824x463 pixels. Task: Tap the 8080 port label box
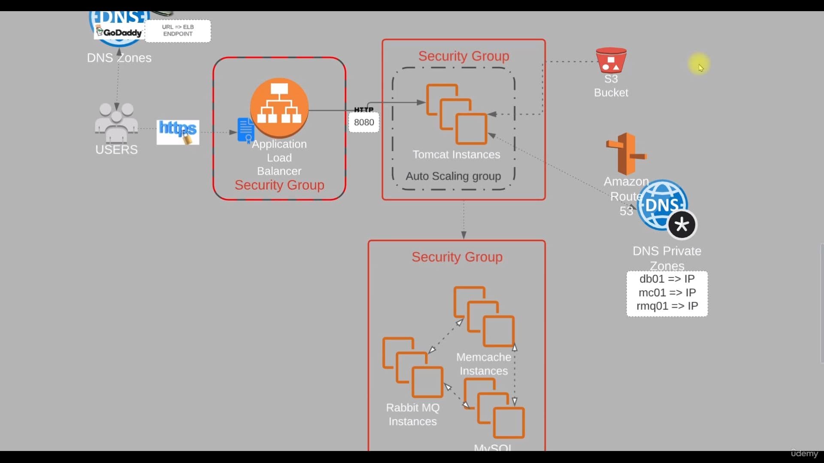click(x=364, y=122)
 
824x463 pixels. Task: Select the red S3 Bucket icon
click(x=611, y=60)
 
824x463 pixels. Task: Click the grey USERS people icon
click(x=116, y=122)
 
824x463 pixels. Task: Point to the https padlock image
click(x=178, y=132)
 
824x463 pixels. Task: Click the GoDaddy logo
click(x=119, y=32)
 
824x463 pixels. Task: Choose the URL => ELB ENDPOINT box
click(x=178, y=30)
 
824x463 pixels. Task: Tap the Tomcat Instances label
click(x=456, y=154)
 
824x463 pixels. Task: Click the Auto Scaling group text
click(x=453, y=176)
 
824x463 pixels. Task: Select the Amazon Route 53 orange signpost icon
click(x=626, y=153)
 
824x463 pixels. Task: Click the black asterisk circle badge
click(x=682, y=225)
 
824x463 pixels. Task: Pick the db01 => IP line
click(x=667, y=279)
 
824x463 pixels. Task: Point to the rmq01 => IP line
click(x=667, y=306)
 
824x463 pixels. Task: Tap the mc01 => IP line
click(x=667, y=292)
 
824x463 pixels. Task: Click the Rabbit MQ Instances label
click(x=412, y=414)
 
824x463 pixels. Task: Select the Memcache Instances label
click(x=484, y=364)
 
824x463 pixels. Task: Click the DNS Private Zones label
click(x=667, y=258)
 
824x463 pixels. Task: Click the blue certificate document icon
click(x=246, y=130)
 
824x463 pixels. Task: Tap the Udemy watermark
click(x=804, y=453)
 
